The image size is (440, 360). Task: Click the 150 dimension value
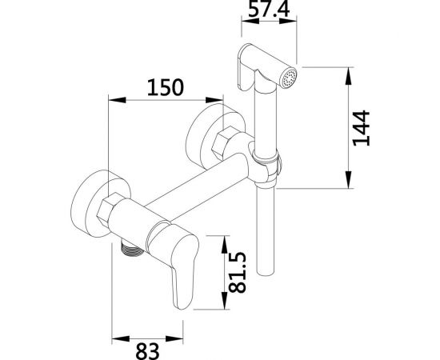(x=166, y=87)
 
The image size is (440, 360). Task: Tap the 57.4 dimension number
(x=269, y=9)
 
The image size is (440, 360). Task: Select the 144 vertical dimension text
(x=362, y=128)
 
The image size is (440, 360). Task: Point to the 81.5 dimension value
(x=238, y=273)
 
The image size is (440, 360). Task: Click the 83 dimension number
(x=148, y=351)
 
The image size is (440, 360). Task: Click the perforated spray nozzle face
(x=290, y=78)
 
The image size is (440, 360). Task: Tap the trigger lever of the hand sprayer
(x=244, y=71)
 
